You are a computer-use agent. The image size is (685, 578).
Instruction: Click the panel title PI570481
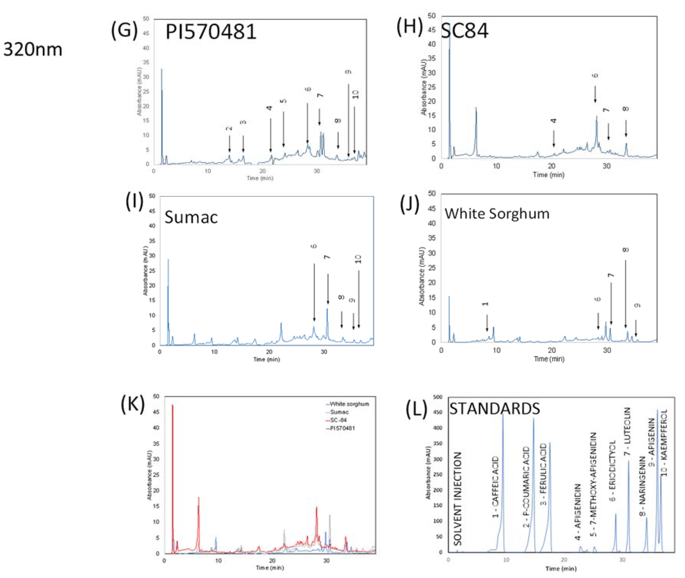click(x=210, y=32)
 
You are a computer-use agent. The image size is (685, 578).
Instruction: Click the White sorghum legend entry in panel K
click(x=349, y=404)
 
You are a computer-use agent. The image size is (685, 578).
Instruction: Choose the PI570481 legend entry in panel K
click(x=342, y=428)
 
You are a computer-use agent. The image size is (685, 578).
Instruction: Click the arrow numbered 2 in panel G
click(x=229, y=143)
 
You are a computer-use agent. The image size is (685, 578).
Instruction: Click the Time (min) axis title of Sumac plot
click(x=267, y=360)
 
